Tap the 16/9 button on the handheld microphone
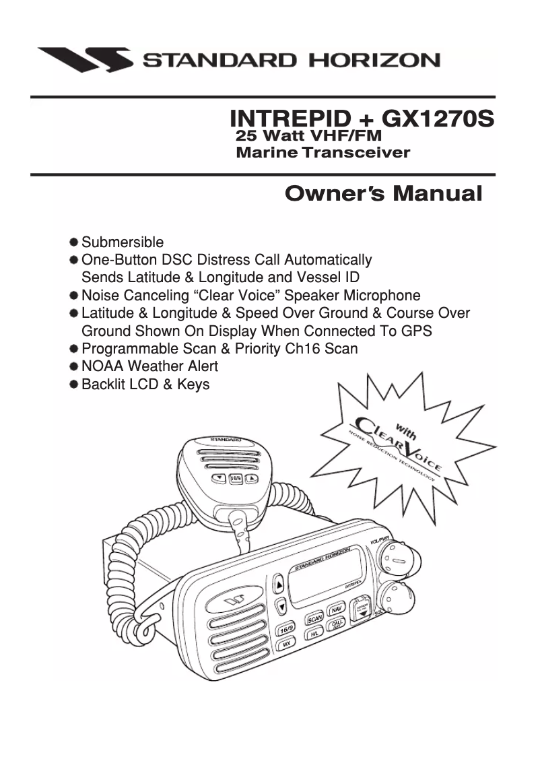point(236,479)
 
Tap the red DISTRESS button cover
point(362,608)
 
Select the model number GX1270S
point(438,119)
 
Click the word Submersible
point(122,242)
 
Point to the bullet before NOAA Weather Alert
point(73,367)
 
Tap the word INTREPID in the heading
point(287,119)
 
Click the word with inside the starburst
point(405,429)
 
